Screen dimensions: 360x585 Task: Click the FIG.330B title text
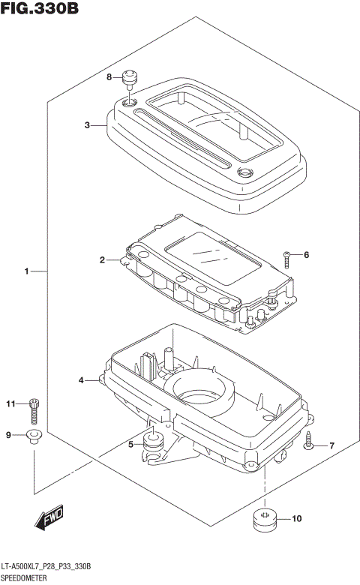[40, 7]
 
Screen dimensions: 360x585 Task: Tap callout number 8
[109, 76]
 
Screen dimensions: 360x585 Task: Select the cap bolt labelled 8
[130, 79]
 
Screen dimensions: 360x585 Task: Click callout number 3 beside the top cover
[87, 125]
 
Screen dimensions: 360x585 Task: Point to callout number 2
[102, 259]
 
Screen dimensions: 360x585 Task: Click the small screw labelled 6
[286, 259]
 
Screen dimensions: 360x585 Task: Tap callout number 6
[306, 255]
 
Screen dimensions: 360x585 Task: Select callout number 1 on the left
[26, 271]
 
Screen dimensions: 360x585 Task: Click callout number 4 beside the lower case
[81, 380]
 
